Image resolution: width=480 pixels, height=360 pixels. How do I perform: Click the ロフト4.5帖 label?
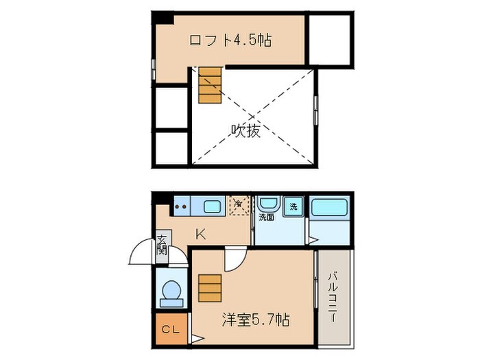230,40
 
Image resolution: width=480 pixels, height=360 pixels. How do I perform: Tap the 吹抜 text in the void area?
245,130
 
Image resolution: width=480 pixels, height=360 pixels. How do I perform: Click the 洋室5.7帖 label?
255,319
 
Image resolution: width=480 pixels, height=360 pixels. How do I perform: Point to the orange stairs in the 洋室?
210,288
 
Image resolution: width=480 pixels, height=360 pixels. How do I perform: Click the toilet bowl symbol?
169,292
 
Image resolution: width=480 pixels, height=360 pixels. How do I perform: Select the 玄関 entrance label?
162,244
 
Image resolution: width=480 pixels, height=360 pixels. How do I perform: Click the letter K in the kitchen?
200,234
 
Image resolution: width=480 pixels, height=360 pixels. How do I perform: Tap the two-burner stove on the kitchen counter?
182,204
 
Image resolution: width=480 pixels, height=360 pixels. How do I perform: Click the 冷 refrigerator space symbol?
238,205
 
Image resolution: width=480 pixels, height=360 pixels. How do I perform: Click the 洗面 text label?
266,218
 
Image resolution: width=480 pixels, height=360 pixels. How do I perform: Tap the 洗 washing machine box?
293,206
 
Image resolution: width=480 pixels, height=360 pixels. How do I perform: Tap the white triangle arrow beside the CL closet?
196,338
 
